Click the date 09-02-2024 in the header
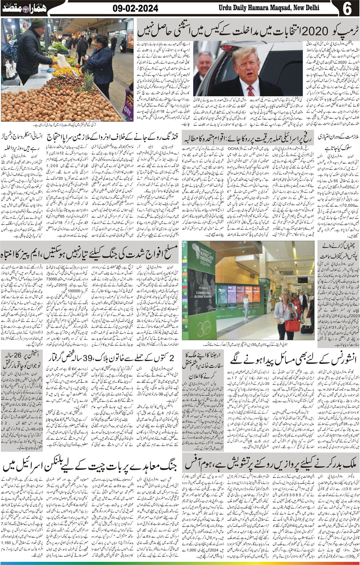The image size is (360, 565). click(135, 9)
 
